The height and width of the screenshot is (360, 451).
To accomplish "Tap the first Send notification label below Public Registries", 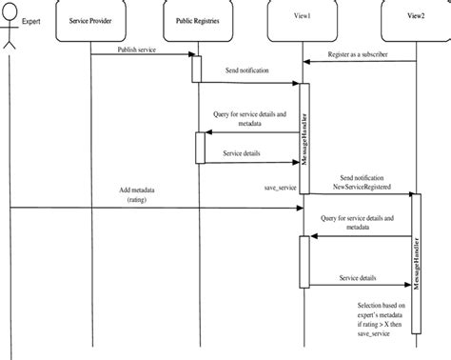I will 245,70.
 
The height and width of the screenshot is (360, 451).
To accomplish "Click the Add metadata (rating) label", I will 138,194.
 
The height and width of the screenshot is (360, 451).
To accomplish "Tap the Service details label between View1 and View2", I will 357,278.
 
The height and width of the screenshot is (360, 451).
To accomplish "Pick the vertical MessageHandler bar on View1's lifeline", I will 304,138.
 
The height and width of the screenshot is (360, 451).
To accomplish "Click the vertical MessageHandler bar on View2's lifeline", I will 415,257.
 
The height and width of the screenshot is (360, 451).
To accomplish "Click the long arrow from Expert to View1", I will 152,207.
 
